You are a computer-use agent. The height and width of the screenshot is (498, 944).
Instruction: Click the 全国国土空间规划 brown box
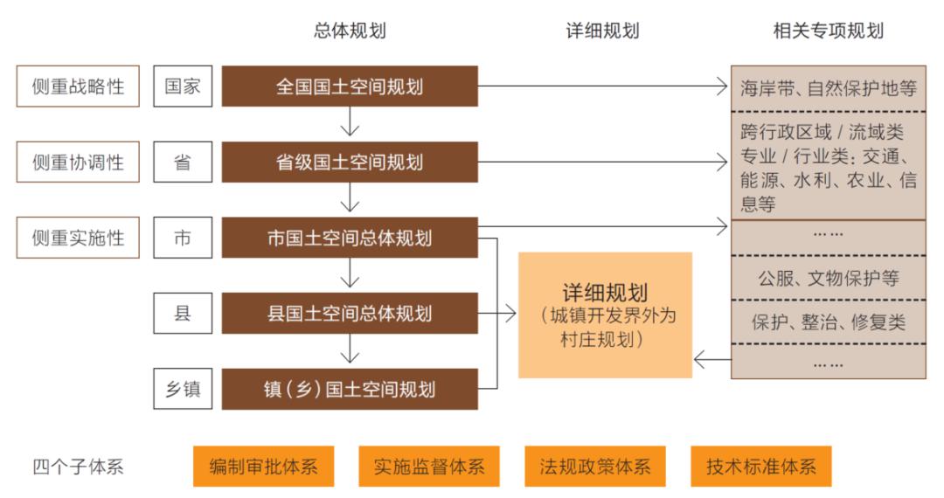(x=350, y=86)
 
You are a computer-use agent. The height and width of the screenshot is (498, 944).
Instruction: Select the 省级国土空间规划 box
(x=350, y=162)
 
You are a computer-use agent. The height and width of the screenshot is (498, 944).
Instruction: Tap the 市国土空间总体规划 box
(x=350, y=238)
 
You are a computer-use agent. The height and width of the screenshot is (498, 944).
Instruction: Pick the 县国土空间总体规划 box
(x=350, y=313)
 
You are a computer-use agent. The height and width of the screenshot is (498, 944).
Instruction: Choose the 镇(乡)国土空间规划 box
(x=350, y=389)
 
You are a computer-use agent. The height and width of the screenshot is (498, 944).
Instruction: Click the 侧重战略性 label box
(x=78, y=86)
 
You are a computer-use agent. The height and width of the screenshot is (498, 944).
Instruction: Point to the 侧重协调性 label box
(x=78, y=162)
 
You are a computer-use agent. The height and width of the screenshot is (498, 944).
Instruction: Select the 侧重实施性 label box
(x=78, y=238)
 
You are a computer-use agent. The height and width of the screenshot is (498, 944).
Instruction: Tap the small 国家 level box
(x=183, y=86)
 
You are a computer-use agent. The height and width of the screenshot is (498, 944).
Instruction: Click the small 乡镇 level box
(x=183, y=389)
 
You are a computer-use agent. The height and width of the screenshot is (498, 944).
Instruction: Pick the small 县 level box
(x=183, y=313)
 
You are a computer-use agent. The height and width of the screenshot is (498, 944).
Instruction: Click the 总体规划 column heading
(x=350, y=31)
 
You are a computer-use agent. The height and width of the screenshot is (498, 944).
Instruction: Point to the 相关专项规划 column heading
(x=828, y=31)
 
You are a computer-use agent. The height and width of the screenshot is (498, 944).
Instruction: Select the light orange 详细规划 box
(x=605, y=315)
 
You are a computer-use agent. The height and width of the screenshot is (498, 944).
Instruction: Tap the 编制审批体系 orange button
(x=263, y=467)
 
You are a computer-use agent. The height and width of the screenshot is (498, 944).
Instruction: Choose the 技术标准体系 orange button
(x=760, y=467)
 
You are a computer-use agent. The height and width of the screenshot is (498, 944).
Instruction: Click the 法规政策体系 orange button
(x=595, y=467)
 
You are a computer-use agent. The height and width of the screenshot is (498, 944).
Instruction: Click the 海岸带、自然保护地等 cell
(x=828, y=87)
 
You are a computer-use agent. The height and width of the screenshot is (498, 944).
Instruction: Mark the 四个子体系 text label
(x=78, y=467)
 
